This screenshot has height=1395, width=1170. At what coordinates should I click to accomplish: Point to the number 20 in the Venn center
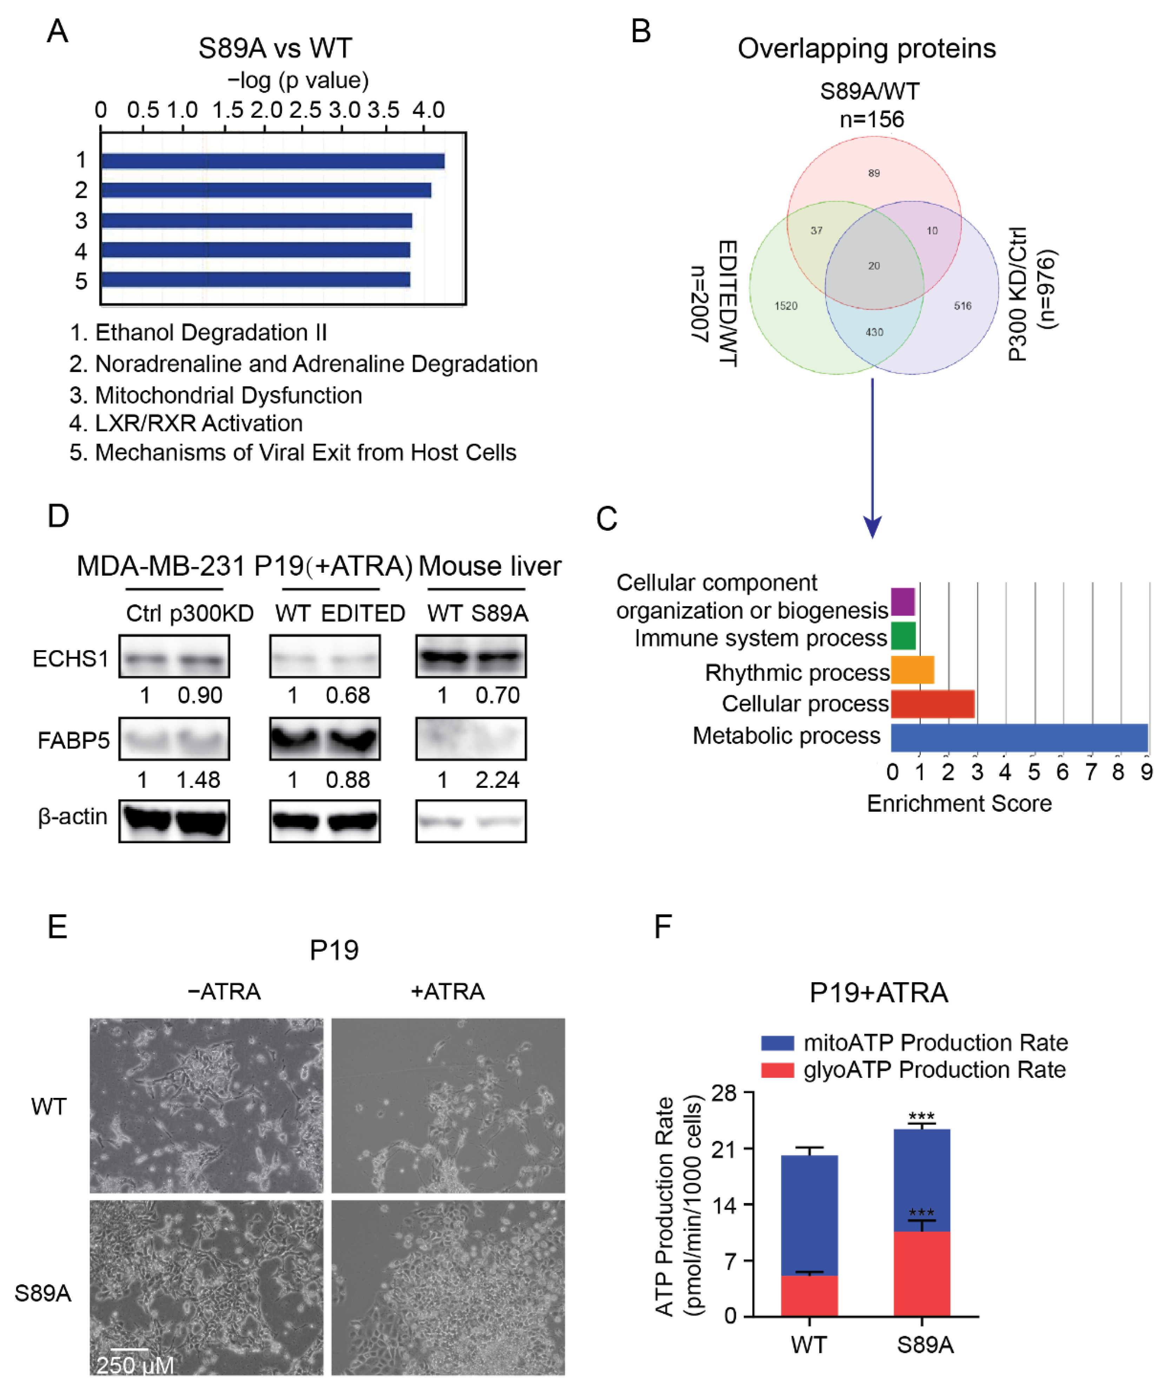click(x=873, y=266)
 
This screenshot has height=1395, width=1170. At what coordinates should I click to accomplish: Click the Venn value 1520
click(x=785, y=306)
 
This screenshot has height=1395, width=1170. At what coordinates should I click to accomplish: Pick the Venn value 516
click(x=962, y=306)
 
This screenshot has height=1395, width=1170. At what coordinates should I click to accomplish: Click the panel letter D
click(x=59, y=516)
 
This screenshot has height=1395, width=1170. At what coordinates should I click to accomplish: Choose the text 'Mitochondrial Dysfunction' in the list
click(x=228, y=395)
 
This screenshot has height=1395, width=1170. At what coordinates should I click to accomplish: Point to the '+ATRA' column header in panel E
click(x=447, y=992)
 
